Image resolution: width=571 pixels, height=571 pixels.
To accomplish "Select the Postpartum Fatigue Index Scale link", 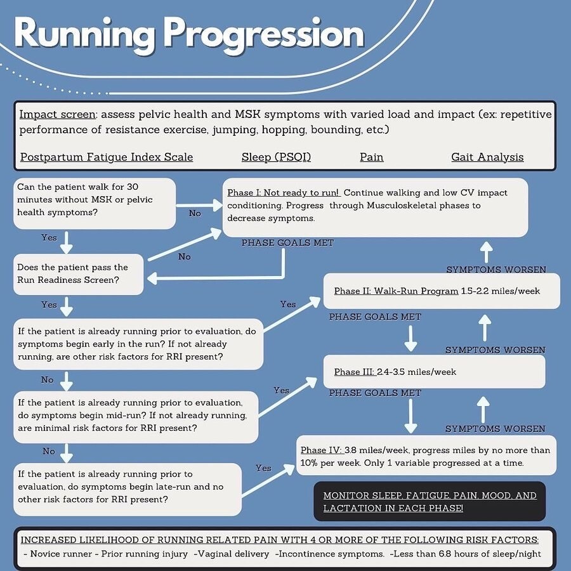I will (107, 157).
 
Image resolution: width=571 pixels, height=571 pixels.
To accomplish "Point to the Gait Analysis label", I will (487, 157).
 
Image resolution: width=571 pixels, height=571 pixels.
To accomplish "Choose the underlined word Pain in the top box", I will (371, 157).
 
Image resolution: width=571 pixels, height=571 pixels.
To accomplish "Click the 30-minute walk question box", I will (94, 203).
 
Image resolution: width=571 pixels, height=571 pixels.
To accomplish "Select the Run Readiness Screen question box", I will (78, 274).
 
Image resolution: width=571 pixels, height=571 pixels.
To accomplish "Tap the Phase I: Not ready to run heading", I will (284, 192).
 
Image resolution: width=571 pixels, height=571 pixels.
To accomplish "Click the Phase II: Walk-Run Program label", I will (396, 291).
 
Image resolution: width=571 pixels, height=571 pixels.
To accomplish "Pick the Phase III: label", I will (354, 372).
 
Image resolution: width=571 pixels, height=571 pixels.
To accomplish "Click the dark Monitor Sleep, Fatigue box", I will (430, 501).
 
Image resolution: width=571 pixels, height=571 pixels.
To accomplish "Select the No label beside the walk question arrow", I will (195, 213).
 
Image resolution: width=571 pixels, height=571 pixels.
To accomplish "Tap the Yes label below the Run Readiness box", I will (49, 305).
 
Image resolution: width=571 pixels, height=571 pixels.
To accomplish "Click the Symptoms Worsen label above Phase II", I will (496, 270).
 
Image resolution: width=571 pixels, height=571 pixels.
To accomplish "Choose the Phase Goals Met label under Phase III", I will (375, 393).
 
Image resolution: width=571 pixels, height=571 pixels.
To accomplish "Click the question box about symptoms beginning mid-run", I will (136, 416).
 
